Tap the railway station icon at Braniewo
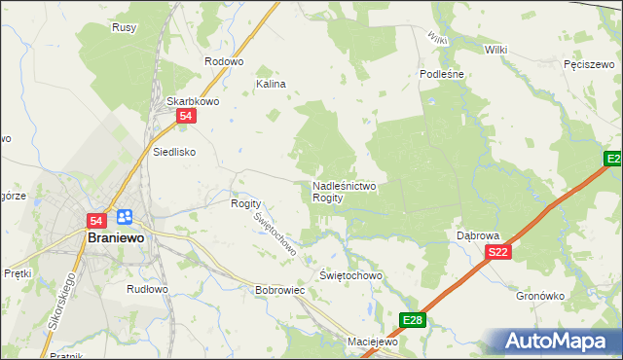[x=124, y=217]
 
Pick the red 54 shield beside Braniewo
[x=96, y=221]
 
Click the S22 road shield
[x=498, y=253]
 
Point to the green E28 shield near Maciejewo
[x=413, y=319]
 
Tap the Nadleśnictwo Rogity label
[x=344, y=191]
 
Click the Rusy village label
[x=124, y=27]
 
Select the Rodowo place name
[x=223, y=60]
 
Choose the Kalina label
[x=271, y=84]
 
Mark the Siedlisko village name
[x=174, y=152]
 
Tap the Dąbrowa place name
[x=478, y=235]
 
